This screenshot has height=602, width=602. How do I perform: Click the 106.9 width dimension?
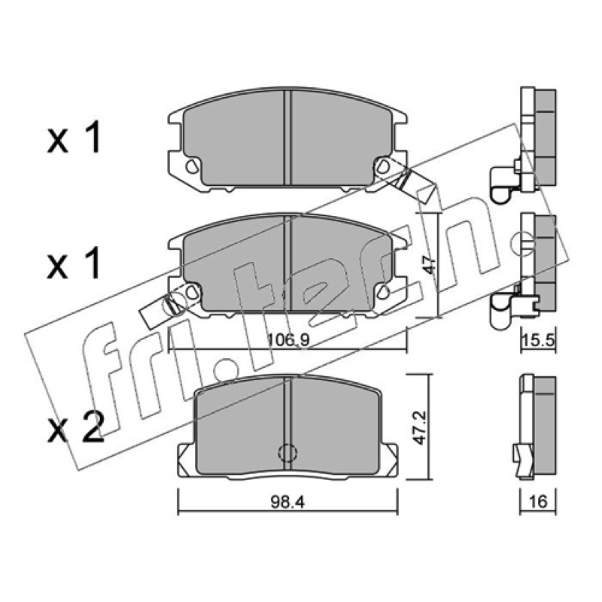(288, 340)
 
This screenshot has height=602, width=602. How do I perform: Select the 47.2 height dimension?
(421, 427)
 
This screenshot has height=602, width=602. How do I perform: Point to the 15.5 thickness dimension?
(538, 342)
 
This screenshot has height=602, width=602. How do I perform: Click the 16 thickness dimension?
(538, 502)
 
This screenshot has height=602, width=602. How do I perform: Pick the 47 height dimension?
(431, 265)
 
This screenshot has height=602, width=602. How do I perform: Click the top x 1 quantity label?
(74, 138)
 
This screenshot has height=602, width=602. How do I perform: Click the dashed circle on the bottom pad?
(287, 453)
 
